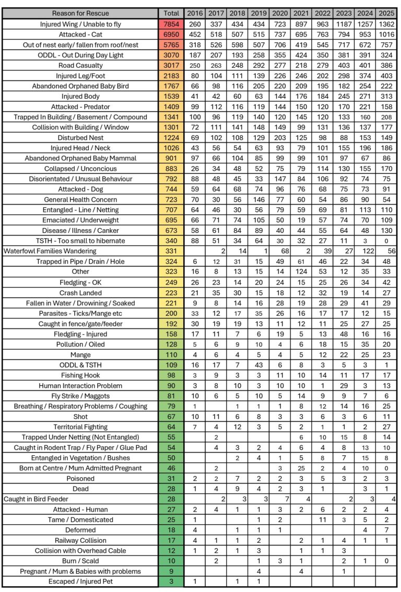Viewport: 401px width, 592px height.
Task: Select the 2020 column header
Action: [x=280, y=13]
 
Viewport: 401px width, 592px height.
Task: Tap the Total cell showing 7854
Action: [x=171, y=24]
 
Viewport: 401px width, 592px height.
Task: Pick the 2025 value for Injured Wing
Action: [x=386, y=24]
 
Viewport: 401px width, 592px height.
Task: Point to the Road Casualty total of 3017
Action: [x=171, y=65]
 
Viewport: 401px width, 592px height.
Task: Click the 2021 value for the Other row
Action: [x=301, y=272]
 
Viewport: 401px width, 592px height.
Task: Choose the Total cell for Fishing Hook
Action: [x=171, y=375]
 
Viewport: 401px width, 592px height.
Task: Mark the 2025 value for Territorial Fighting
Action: [x=386, y=427]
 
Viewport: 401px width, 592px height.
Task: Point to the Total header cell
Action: [x=171, y=13]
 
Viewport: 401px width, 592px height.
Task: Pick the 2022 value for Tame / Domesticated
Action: [x=322, y=520]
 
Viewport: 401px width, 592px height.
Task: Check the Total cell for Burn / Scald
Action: [x=171, y=561]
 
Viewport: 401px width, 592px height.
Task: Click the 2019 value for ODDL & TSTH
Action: [x=258, y=365]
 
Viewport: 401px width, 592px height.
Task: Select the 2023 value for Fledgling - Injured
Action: [x=344, y=334]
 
